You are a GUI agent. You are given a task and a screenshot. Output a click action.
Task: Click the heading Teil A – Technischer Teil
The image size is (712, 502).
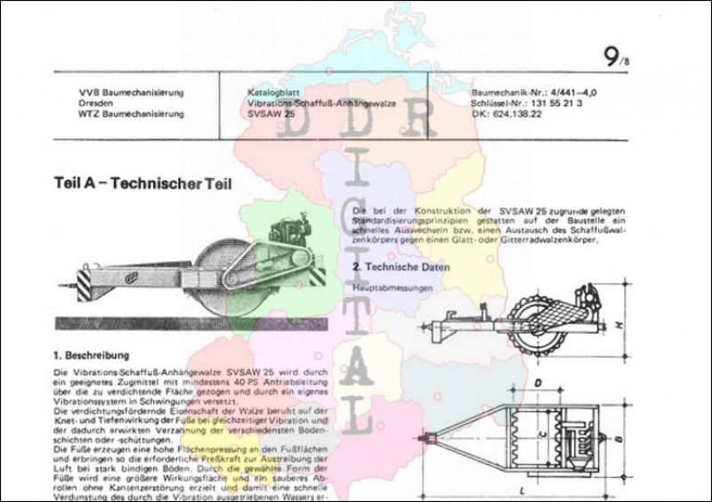click(x=142, y=185)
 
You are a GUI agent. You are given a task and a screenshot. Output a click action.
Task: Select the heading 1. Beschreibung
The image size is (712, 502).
click(x=92, y=354)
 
